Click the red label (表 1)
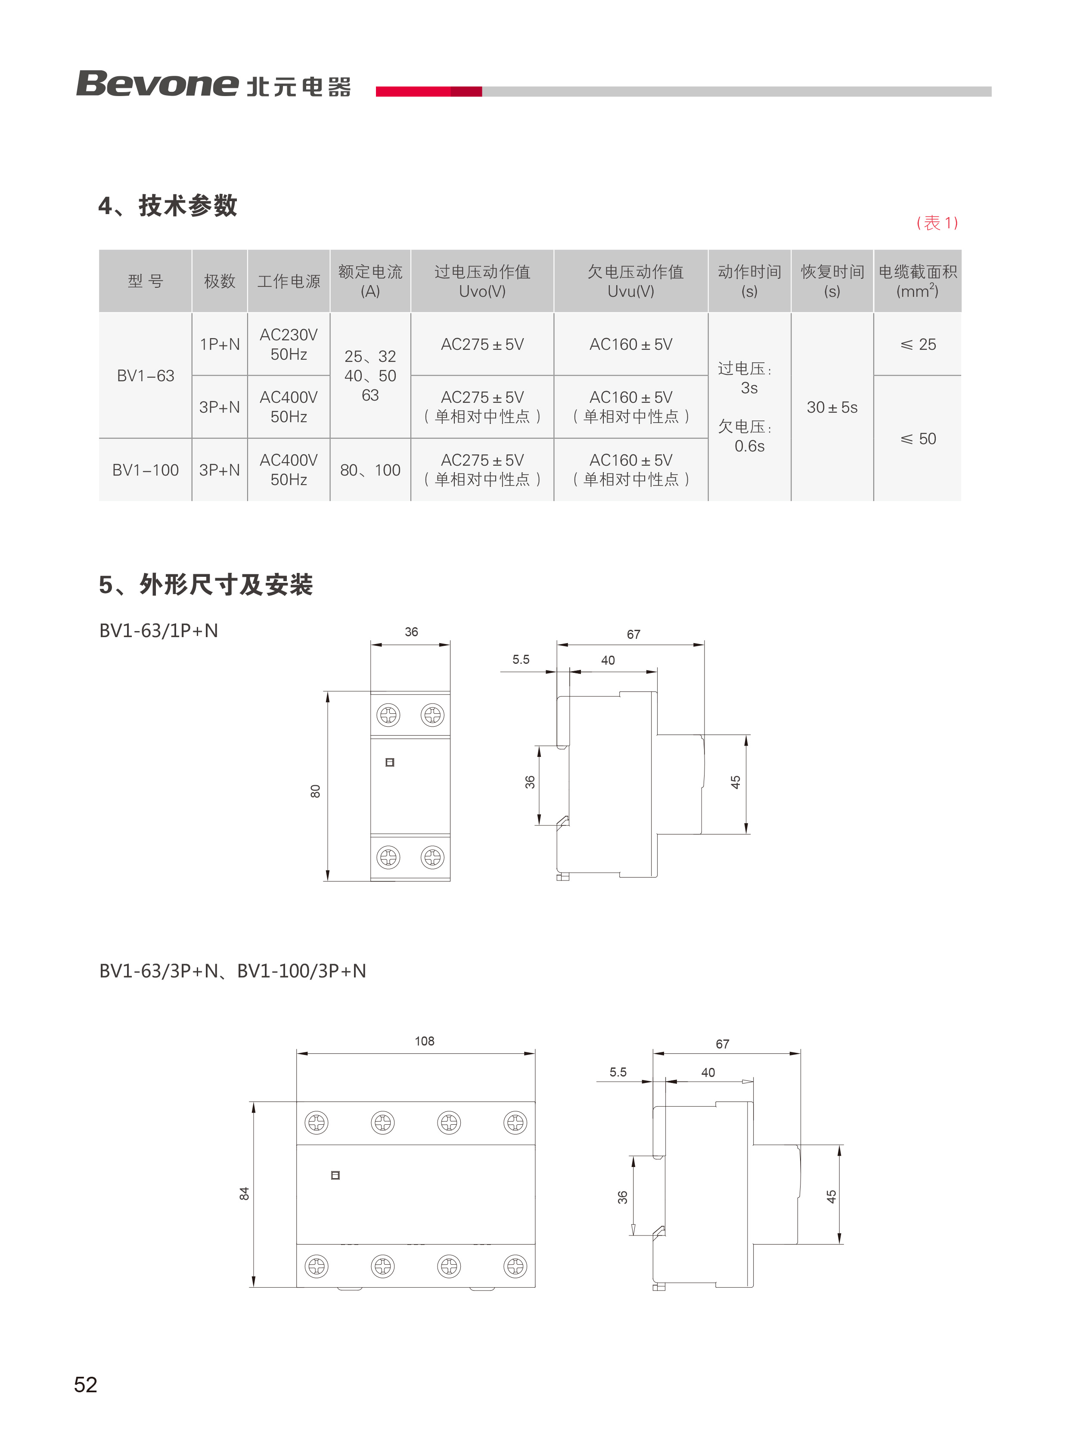pyautogui.click(x=937, y=223)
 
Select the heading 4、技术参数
pyautogui.click(x=168, y=205)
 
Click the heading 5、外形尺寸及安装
pyautogui.click(x=205, y=585)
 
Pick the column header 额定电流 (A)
pyautogui.click(x=370, y=281)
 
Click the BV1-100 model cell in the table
pyautogui.click(x=146, y=470)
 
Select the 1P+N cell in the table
pyautogui.click(x=220, y=345)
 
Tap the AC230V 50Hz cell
pyautogui.click(x=289, y=345)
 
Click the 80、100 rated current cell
pyautogui.click(x=370, y=470)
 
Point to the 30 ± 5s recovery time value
pyautogui.click(x=832, y=408)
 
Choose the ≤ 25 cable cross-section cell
pyautogui.click(x=918, y=345)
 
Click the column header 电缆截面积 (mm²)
pyautogui.click(x=917, y=281)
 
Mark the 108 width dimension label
pyautogui.click(x=424, y=1041)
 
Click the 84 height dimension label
pyautogui.click(x=244, y=1194)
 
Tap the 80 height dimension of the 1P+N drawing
pyautogui.click(x=316, y=791)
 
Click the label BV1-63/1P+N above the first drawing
pyautogui.click(x=158, y=631)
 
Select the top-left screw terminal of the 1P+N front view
pyautogui.click(x=388, y=715)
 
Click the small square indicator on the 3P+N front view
pyautogui.click(x=335, y=1175)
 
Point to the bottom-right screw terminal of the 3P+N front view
pyautogui.click(x=515, y=1266)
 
